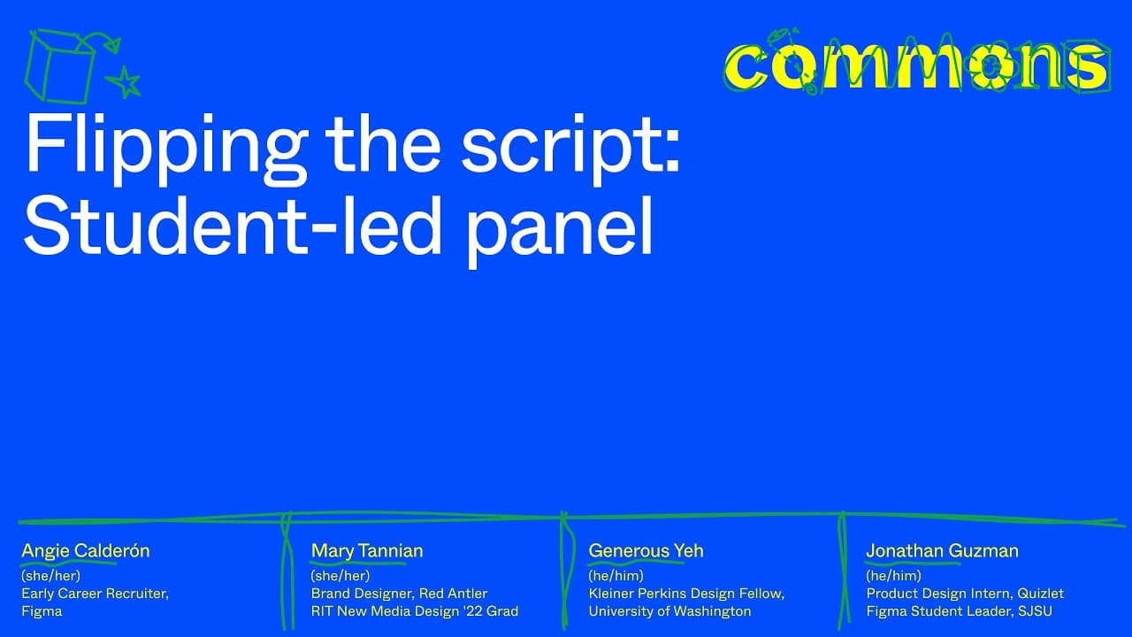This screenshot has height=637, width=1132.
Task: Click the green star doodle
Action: click(125, 82)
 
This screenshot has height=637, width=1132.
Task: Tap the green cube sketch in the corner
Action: click(59, 65)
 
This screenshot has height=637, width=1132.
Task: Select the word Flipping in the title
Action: click(165, 146)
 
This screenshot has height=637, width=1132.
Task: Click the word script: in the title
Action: click(570, 146)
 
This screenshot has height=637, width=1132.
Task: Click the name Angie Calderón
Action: click(86, 550)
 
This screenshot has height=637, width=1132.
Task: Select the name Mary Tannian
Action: click(367, 550)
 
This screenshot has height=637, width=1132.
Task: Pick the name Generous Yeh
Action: click(646, 550)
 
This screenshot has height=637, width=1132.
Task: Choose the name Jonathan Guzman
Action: click(942, 550)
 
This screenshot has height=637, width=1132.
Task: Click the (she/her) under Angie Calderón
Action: click(51, 575)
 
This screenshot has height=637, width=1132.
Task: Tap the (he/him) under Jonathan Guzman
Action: click(893, 575)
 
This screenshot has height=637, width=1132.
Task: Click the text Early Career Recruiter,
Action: click(95, 594)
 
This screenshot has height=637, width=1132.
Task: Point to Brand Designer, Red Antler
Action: click(399, 593)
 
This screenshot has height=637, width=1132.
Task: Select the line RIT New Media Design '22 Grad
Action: click(415, 611)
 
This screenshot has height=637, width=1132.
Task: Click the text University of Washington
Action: click(669, 611)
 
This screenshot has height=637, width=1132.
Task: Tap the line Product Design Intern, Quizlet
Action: click(965, 593)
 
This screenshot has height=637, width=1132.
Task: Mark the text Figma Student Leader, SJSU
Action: click(960, 611)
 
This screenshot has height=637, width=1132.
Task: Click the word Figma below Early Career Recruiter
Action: click(42, 611)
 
